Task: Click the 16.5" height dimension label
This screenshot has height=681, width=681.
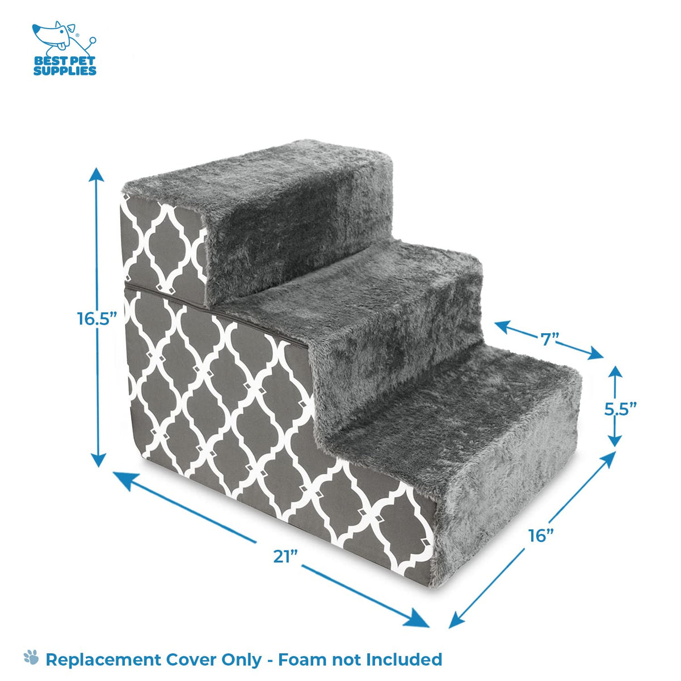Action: coord(96,319)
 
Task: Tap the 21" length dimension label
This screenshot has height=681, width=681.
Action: coord(285,557)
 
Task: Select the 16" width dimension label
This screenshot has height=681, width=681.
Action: coord(541,535)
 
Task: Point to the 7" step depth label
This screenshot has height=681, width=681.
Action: coord(550,339)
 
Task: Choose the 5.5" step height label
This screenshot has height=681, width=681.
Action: coord(620,409)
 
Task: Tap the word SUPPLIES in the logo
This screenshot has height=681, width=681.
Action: coord(65,71)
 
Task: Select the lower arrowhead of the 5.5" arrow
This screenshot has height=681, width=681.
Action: coord(615,440)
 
